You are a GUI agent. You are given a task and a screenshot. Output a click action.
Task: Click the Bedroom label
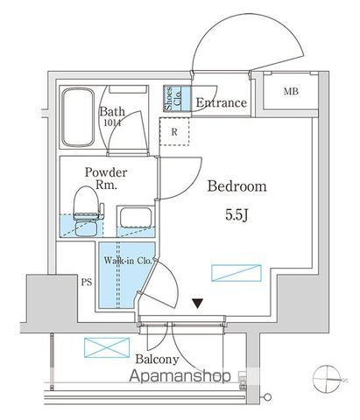coord(236,187)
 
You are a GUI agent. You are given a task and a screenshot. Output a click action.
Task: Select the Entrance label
coord(221,104)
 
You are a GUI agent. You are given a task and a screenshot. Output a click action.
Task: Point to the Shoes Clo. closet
coord(174,98)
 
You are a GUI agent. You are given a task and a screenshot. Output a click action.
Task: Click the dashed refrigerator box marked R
coord(174,132)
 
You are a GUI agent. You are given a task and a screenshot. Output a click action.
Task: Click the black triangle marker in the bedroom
coord(199,304)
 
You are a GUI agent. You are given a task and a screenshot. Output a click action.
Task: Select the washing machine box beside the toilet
coord(136,220)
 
